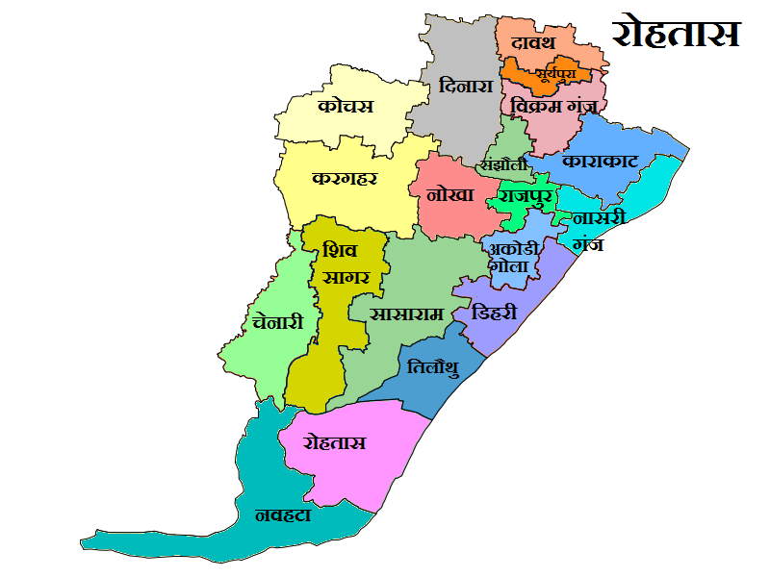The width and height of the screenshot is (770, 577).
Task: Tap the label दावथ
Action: (535, 44)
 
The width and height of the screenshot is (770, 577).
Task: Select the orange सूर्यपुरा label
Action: (544, 73)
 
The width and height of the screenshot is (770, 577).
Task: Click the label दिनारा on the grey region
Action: (466, 86)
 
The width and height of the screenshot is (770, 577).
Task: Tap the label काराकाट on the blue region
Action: (601, 160)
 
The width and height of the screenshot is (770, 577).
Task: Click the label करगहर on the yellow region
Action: (345, 179)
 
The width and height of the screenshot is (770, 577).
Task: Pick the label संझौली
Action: (505, 164)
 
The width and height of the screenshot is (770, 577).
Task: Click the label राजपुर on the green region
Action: (522, 197)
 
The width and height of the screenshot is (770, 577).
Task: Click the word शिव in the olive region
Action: (340, 250)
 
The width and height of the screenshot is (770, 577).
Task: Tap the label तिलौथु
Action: (432, 368)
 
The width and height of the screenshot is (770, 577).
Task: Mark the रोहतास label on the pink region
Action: (334, 443)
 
